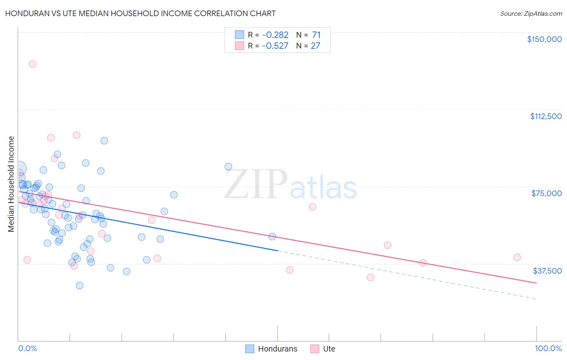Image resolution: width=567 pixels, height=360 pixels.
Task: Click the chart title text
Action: [x=140, y=13]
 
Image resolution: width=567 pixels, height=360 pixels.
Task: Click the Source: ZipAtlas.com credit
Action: [x=531, y=14]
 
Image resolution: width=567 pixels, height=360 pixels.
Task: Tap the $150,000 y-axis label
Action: [x=544, y=39]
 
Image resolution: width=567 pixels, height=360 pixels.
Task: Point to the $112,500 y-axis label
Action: [x=546, y=116]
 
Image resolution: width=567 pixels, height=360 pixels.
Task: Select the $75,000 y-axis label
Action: [x=546, y=193]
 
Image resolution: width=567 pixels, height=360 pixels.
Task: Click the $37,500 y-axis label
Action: [x=547, y=271]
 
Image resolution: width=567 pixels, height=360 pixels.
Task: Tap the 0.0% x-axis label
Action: [x=27, y=348]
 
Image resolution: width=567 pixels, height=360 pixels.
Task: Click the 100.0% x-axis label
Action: [x=548, y=348]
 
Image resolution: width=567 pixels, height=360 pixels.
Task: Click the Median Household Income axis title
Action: [x=11, y=184]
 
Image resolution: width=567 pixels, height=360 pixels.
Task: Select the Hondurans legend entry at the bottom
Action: [x=271, y=349]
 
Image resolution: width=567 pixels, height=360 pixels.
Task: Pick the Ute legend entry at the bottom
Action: [x=323, y=349]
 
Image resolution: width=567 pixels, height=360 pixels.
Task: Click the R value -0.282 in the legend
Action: [x=275, y=35]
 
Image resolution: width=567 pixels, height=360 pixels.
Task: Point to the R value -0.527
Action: [x=275, y=46]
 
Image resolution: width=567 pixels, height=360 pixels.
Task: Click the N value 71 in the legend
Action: [x=316, y=35]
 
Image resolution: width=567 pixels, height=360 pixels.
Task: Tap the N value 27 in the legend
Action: [x=315, y=46]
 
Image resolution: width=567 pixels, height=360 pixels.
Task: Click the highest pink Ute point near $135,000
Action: [x=33, y=64]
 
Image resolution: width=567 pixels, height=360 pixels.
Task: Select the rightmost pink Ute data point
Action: [x=517, y=257]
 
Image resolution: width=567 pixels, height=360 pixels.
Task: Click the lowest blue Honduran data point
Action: [x=79, y=285]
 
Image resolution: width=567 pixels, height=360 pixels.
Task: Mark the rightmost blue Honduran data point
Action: [x=272, y=237]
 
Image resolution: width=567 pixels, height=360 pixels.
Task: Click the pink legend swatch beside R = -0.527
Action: [x=240, y=46]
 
